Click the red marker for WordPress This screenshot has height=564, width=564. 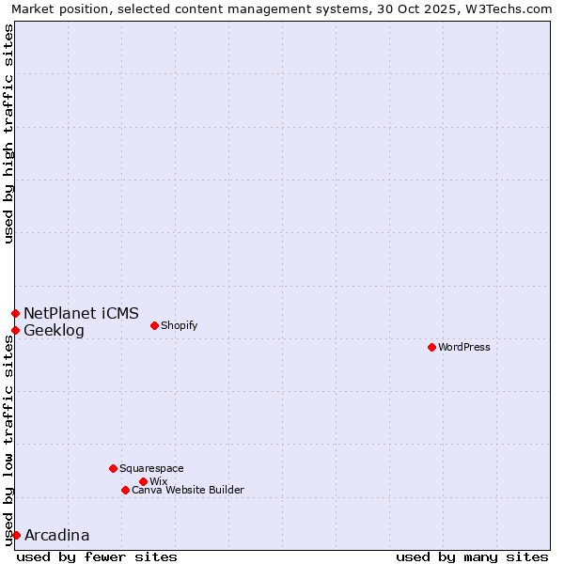(431, 348)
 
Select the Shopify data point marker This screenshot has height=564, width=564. (154, 326)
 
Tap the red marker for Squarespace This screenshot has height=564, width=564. (113, 468)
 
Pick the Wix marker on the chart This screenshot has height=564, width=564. (143, 482)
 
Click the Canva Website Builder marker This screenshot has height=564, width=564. (125, 490)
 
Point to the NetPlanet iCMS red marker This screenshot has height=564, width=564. (15, 313)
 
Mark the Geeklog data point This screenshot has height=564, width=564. (15, 330)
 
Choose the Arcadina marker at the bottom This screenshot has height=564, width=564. (16, 535)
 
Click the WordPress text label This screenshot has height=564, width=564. (464, 348)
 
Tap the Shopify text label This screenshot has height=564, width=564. (180, 326)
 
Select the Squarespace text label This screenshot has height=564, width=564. (152, 468)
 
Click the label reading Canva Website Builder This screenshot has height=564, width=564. (188, 490)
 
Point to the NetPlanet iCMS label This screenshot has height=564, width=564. (81, 313)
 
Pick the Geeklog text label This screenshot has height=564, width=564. (54, 330)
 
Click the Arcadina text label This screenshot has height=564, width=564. (56, 535)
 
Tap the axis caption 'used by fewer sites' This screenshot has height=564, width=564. (97, 556)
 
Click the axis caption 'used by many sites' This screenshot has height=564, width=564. (472, 556)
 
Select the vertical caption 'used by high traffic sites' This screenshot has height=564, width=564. (8, 133)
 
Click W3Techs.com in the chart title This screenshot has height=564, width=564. (511, 8)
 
